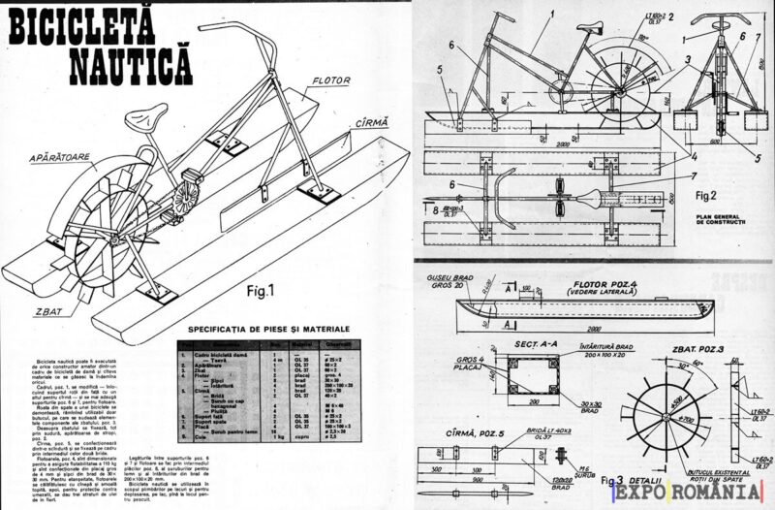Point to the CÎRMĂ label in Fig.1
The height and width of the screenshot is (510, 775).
coord(370,122)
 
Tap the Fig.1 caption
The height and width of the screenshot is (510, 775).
coord(232,288)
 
